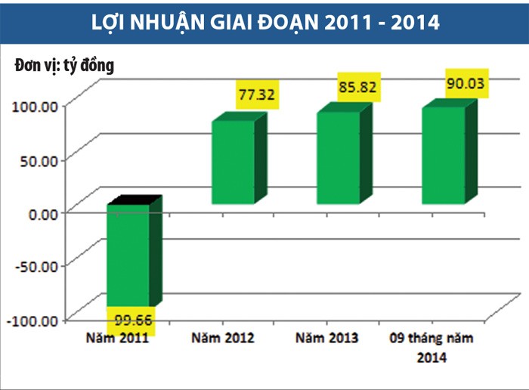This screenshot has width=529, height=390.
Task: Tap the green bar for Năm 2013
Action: tap(338, 158)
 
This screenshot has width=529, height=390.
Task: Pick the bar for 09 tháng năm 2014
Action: tap(443, 156)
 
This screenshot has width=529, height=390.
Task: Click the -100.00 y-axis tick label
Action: tap(32, 320)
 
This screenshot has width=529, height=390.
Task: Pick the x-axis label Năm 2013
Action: tap(328, 339)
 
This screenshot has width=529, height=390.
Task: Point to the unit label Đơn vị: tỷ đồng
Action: tap(64, 66)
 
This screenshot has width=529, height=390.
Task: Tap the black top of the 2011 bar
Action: tap(135, 200)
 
